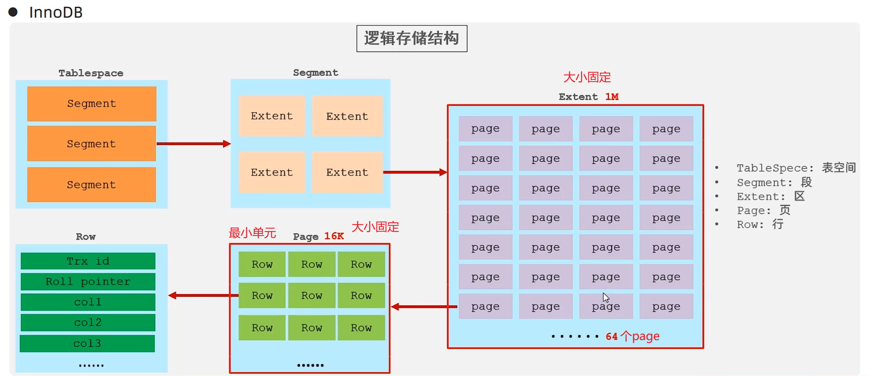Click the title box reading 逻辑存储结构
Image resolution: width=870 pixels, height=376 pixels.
pyautogui.click(x=412, y=38)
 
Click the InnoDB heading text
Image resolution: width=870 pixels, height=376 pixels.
pyautogui.click(x=56, y=13)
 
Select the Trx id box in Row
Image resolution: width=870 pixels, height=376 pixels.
pyautogui.click(x=88, y=261)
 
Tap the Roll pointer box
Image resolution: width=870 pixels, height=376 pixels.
pyautogui.click(x=88, y=282)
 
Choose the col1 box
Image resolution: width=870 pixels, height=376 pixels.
pyautogui.click(x=88, y=302)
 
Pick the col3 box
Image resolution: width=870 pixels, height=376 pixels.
pyautogui.click(x=88, y=343)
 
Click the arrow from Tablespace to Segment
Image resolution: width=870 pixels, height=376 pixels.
pyautogui.click(x=193, y=144)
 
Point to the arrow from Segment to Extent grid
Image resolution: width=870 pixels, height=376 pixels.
pyautogui.click(x=415, y=172)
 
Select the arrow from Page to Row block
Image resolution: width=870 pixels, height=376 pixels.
pyautogui.click(x=203, y=296)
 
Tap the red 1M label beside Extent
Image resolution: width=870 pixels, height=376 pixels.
pyautogui.click(x=612, y=97)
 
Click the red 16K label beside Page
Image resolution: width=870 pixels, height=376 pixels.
pyautogui.click(x=334, y=236)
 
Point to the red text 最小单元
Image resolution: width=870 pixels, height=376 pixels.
pyautogui.click(x=252, y=233)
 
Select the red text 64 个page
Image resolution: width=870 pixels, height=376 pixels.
pyautogui.click(x=632, y=336)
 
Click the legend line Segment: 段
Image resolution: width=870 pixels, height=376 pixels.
pyautogui.click(x=774, y=182)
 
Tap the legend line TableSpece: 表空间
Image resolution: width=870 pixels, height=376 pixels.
pyautogui.click(x=796, y=168)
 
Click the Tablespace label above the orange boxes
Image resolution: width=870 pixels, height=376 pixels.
pyautogui.click(x=91, y=73)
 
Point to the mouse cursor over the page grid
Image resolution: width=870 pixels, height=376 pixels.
pyautogui.click(x=606, y=297)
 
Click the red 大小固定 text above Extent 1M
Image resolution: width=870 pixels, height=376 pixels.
pyautogui.click(x=587, y=77)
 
